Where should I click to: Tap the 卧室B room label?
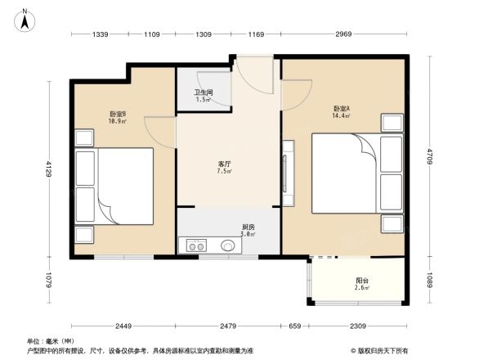coord(117,114)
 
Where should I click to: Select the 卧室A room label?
coord(342,109)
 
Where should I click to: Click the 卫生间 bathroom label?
coord(204,92)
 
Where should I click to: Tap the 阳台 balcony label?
coord(361,279)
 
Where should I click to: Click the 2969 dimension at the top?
coord(343,34)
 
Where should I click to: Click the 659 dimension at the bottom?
coord(294,326)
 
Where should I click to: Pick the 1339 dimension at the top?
coord(100,34)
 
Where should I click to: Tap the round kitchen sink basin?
coord(226,245)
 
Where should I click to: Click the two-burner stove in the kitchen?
coord(196,245)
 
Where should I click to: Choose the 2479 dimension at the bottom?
coord(228,326)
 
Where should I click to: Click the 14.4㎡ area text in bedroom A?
coord(342,116)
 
